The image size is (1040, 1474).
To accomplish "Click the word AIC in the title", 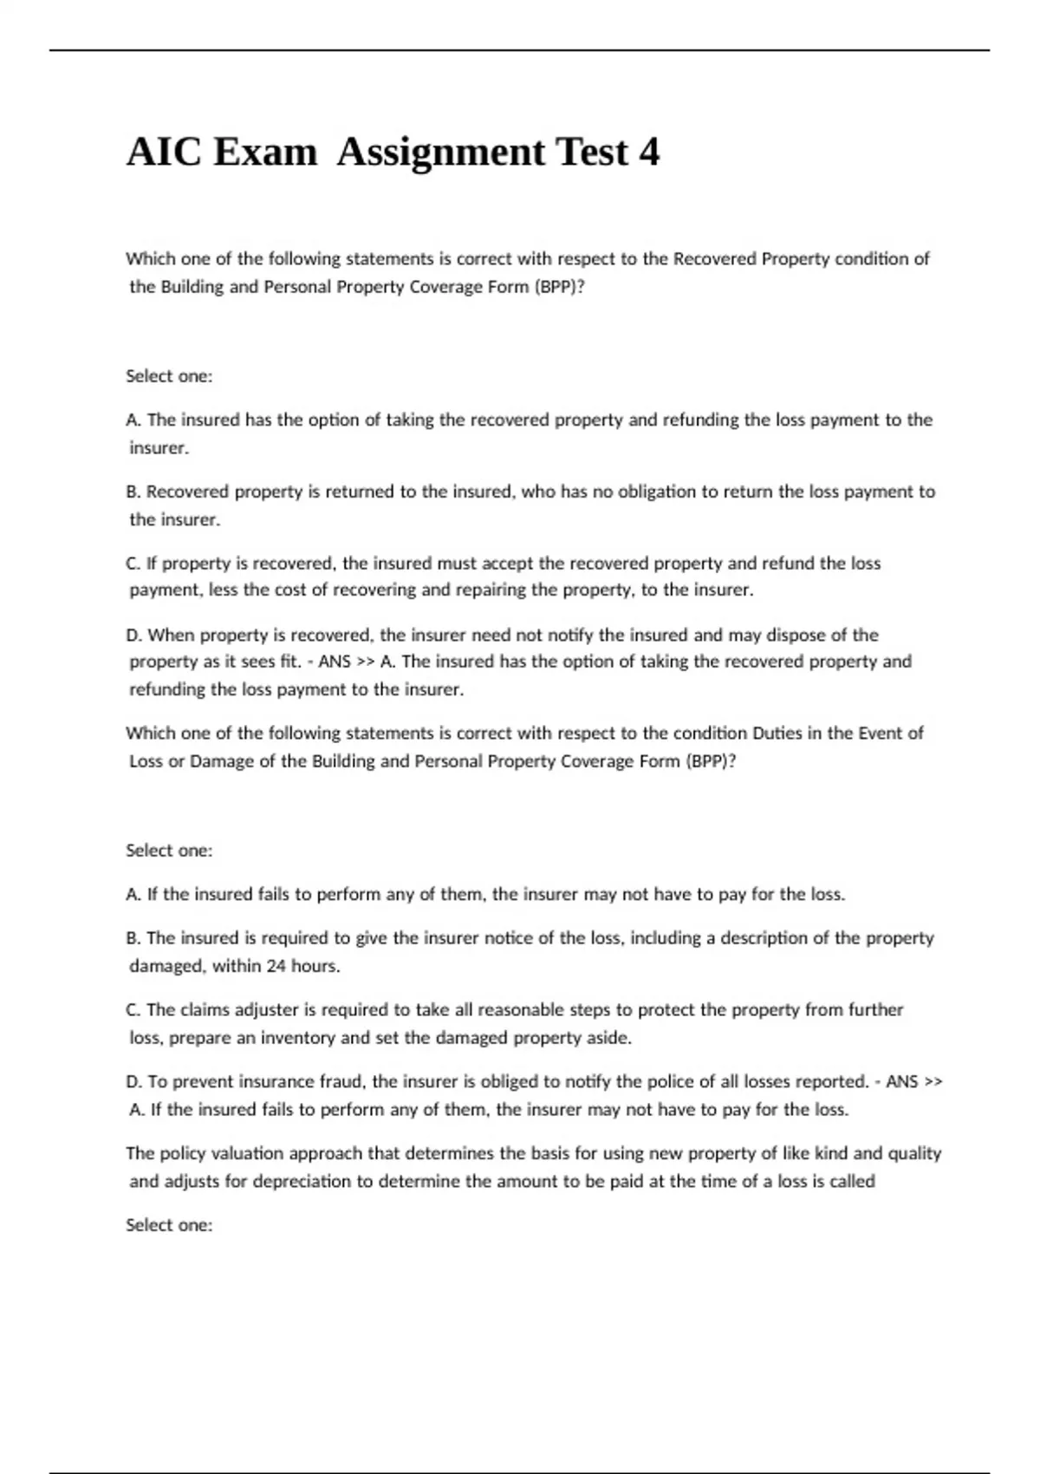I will coord(164,153).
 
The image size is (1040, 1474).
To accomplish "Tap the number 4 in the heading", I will coord(649,153).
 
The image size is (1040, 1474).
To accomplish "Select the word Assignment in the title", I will coord(439,153).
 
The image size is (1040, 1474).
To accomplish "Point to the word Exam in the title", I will coord(264,153).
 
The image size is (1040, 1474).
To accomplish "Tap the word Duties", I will coord(777,734).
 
